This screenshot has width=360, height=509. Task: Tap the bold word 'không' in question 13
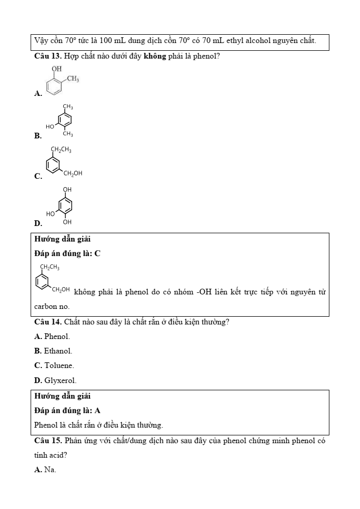155,55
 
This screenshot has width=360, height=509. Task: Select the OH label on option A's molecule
56,68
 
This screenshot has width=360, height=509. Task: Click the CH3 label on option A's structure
73,79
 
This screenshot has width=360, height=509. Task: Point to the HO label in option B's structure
50,126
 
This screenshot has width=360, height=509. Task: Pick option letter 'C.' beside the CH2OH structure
38,176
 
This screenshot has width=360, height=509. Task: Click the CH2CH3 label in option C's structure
61,150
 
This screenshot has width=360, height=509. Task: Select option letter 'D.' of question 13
38,223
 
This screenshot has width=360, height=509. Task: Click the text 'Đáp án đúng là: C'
67,253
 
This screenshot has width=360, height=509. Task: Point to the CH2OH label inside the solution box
61,289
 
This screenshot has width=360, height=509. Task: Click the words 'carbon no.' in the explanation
52,306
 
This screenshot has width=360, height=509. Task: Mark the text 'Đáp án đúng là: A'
67,411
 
